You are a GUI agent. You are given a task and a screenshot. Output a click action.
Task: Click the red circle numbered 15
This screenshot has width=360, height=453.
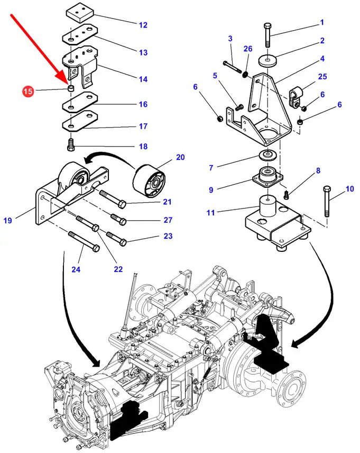[28, 92]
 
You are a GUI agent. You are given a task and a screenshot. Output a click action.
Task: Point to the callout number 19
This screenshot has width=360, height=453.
[7, 220]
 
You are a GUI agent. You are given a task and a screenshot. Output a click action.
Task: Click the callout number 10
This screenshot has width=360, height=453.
[350, 189]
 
